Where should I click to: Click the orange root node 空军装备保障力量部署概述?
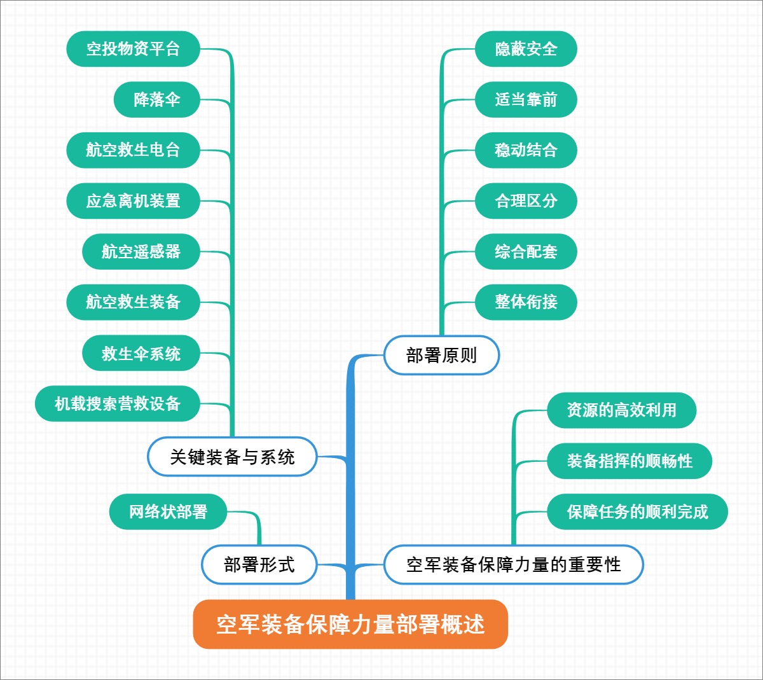tap(350, 624)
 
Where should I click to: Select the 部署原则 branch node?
tap(441, 355)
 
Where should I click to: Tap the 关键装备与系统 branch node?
tap(232, 457)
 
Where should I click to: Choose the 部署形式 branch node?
tap(259, 564)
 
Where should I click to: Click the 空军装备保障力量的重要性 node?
tap(513, 564)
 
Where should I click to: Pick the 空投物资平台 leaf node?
tap(133, 49)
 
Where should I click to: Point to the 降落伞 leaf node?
tap(156, 99)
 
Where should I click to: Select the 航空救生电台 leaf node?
tap(133, 150)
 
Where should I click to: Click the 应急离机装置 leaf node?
tap(133, 201)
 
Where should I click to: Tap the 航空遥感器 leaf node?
tap(141, 251)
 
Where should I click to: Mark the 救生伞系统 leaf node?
tap(141, 353)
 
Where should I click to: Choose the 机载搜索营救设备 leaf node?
tap(117, 403)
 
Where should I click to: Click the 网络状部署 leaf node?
tap(168, 511)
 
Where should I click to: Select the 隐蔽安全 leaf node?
tap(526, 49)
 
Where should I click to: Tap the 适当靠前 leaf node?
tap(526, 99)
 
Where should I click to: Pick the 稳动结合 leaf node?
tap(526, 150)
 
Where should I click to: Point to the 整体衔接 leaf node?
tap(526, 302)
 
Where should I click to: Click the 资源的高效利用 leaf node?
tap(621, 410)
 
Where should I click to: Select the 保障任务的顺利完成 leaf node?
tap(637, 511)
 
